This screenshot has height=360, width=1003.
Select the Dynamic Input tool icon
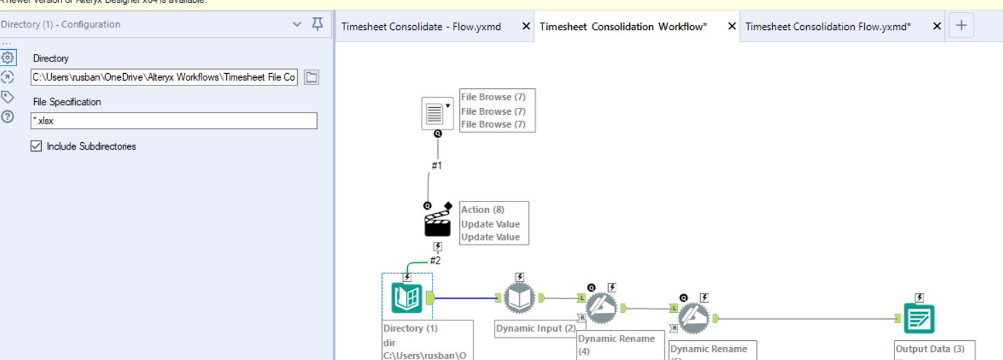(519, 299)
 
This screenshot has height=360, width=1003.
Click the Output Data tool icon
(919, 318)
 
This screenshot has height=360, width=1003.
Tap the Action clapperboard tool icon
(437, 223)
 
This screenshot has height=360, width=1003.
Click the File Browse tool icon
(435, 113)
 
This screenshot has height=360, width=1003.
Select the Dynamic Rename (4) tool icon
(601, 308)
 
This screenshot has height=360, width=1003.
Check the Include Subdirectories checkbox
(37, 146)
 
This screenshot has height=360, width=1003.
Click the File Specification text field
(174, 121)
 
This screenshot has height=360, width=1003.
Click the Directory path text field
(164, 77)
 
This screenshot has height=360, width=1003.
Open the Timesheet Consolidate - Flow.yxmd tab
(422, 27)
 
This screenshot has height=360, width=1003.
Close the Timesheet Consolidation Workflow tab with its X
(732, 27)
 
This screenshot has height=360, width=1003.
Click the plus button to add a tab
(961, 26)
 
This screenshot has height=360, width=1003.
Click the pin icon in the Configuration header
(317, 25)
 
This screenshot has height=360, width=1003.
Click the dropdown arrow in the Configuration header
(297, 25)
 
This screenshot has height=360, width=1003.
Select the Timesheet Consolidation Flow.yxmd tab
(827, 27)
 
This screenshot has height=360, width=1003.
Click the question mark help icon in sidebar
(8, 117)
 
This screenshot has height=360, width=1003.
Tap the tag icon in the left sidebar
(8, 97)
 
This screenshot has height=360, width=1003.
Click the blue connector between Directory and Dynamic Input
(465, 298)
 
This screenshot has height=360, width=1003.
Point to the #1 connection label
(437, 165)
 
